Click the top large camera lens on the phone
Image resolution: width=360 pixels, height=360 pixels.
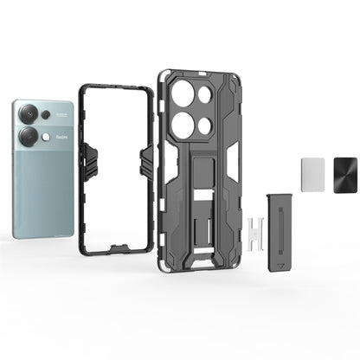click(x=29, y=113)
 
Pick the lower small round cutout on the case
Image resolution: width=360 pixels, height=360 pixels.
click(x=206, y=125)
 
